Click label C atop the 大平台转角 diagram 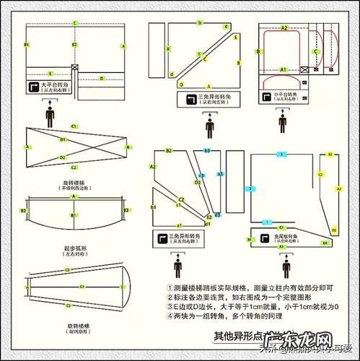click(74, 23)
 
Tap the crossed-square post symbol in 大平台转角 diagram click(74, 68)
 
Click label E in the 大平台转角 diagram click(50, 74)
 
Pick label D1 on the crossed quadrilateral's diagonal click(63, 139)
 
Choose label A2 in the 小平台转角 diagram click(284, 27)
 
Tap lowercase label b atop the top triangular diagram click(198, 23)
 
